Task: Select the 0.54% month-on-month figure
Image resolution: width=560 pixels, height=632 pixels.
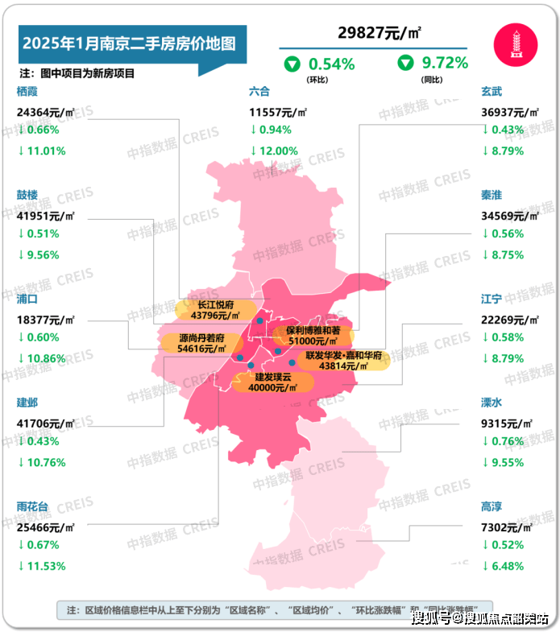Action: point(331,63)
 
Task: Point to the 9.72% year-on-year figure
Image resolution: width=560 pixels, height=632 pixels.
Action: point(444,63)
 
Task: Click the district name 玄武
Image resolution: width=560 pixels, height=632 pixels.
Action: point(492,92)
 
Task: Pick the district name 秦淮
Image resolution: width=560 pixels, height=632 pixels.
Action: point(492,196)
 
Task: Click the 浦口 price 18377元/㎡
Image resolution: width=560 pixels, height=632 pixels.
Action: point(45,320)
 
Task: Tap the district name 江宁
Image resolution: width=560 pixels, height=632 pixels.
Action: point(492,299)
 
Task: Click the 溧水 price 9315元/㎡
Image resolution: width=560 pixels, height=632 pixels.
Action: point(507,423)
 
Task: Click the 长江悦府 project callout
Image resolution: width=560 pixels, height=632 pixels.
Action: point(216,311)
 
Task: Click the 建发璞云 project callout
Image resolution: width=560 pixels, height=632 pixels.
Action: point(272,382)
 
